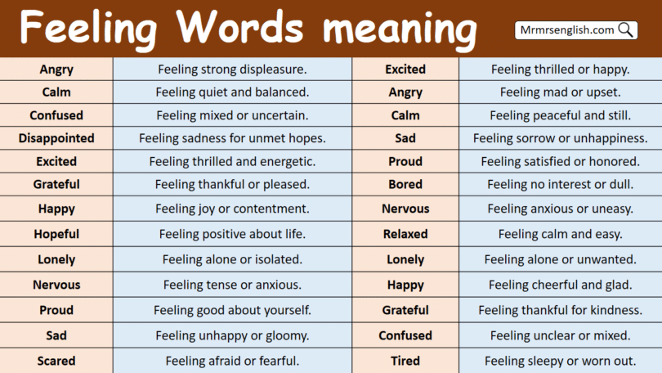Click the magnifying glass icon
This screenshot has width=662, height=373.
[626, 30]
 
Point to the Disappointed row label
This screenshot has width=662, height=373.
[56, 138]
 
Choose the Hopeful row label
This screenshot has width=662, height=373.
[56, 234]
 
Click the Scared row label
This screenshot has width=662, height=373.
[56, 361]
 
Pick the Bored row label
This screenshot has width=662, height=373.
[405, 184]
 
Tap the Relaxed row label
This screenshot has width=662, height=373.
[405, 234]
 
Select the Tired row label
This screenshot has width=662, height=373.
[405, 361]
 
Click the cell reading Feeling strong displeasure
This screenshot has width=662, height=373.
[232, 70]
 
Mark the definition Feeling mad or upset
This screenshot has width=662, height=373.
[560, 92]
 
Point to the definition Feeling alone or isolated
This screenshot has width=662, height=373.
[232, 259]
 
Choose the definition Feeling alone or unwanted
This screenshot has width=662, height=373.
[560, 259]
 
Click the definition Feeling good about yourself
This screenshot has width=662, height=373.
[232, 310]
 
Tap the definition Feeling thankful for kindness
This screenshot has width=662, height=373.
[560, 310]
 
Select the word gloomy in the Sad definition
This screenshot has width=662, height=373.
[286, 335]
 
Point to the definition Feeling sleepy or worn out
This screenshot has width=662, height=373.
[560, 361]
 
